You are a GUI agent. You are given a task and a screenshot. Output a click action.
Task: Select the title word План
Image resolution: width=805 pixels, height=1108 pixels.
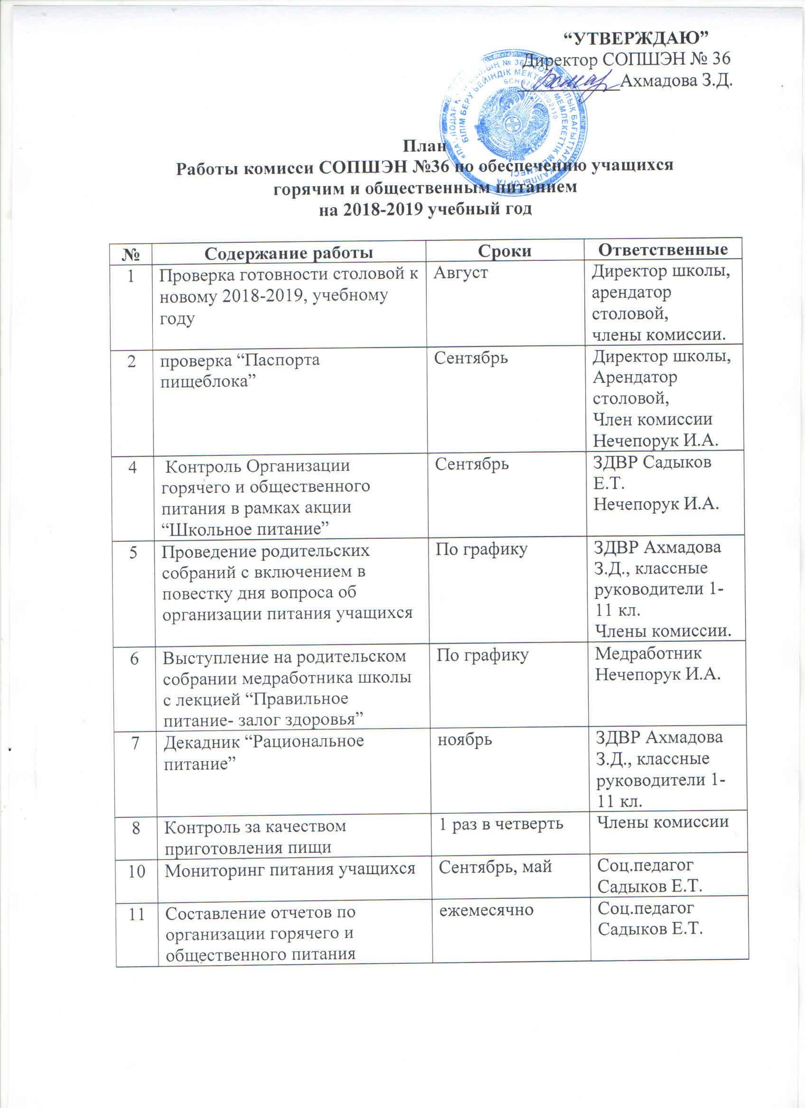[423, 146]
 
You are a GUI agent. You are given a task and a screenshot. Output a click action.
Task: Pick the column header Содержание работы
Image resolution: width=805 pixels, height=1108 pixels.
[289, 253]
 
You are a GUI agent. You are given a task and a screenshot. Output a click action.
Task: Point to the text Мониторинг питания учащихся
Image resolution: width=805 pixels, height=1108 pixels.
[290, 868]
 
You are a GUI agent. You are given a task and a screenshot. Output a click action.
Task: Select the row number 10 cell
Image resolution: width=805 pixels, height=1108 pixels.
[137, 867]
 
